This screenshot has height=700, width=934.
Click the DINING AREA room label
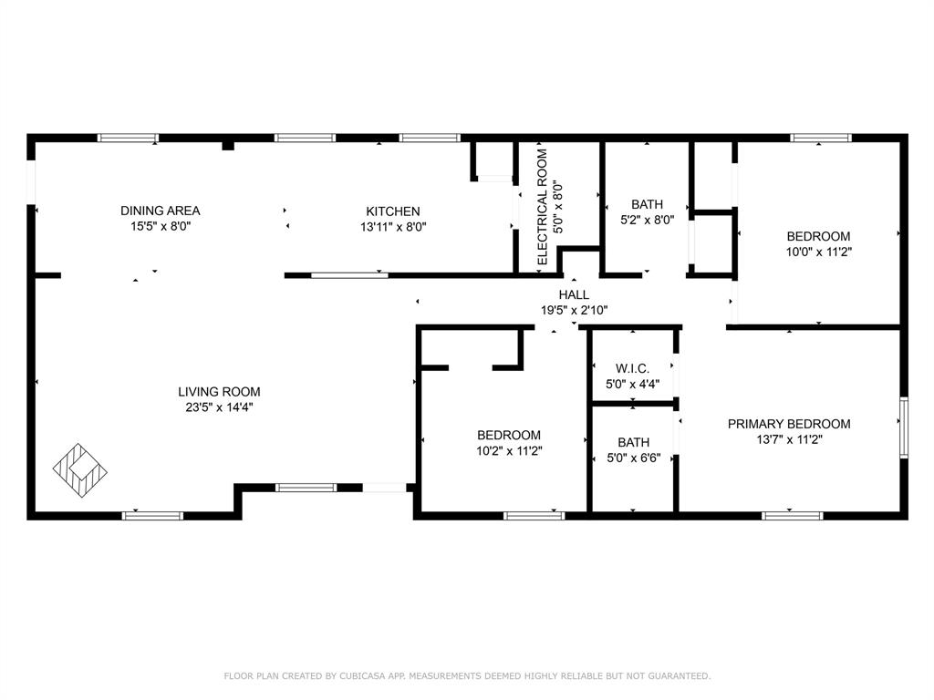(x=161, y=211)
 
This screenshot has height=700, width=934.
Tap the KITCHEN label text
(x=392, y=211)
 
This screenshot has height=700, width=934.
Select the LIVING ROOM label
(x=219, y=392)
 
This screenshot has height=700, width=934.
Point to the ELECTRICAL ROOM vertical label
(x=542, y=207)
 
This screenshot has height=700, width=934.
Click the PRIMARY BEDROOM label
(x=789, y=424)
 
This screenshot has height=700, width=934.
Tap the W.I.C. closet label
(x=633, y=369)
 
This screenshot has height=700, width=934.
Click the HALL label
(x=575, y=294)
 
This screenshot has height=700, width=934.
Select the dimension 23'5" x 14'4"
(x=219, y=407)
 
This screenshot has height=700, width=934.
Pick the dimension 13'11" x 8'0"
(x=393, y=227)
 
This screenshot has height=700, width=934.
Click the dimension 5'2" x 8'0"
(x=648, y=220)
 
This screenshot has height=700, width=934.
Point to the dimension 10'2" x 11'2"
(x=509, y=451)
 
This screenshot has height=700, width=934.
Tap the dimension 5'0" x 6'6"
(x=634, y=458)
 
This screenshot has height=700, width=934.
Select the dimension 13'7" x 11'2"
(x=789, y=440)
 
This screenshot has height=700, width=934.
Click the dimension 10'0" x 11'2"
(x=819, y=252)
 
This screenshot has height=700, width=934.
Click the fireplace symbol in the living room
(x=80, y=470)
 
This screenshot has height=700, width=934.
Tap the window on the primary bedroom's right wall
(x=904, y=427)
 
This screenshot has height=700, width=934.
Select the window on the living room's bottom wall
(x=152, y=516)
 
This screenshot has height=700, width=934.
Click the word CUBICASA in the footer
(x=364, y=676)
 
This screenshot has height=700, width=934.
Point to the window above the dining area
(x=128, y=139)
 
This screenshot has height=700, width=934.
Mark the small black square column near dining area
(x=228, y=145)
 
